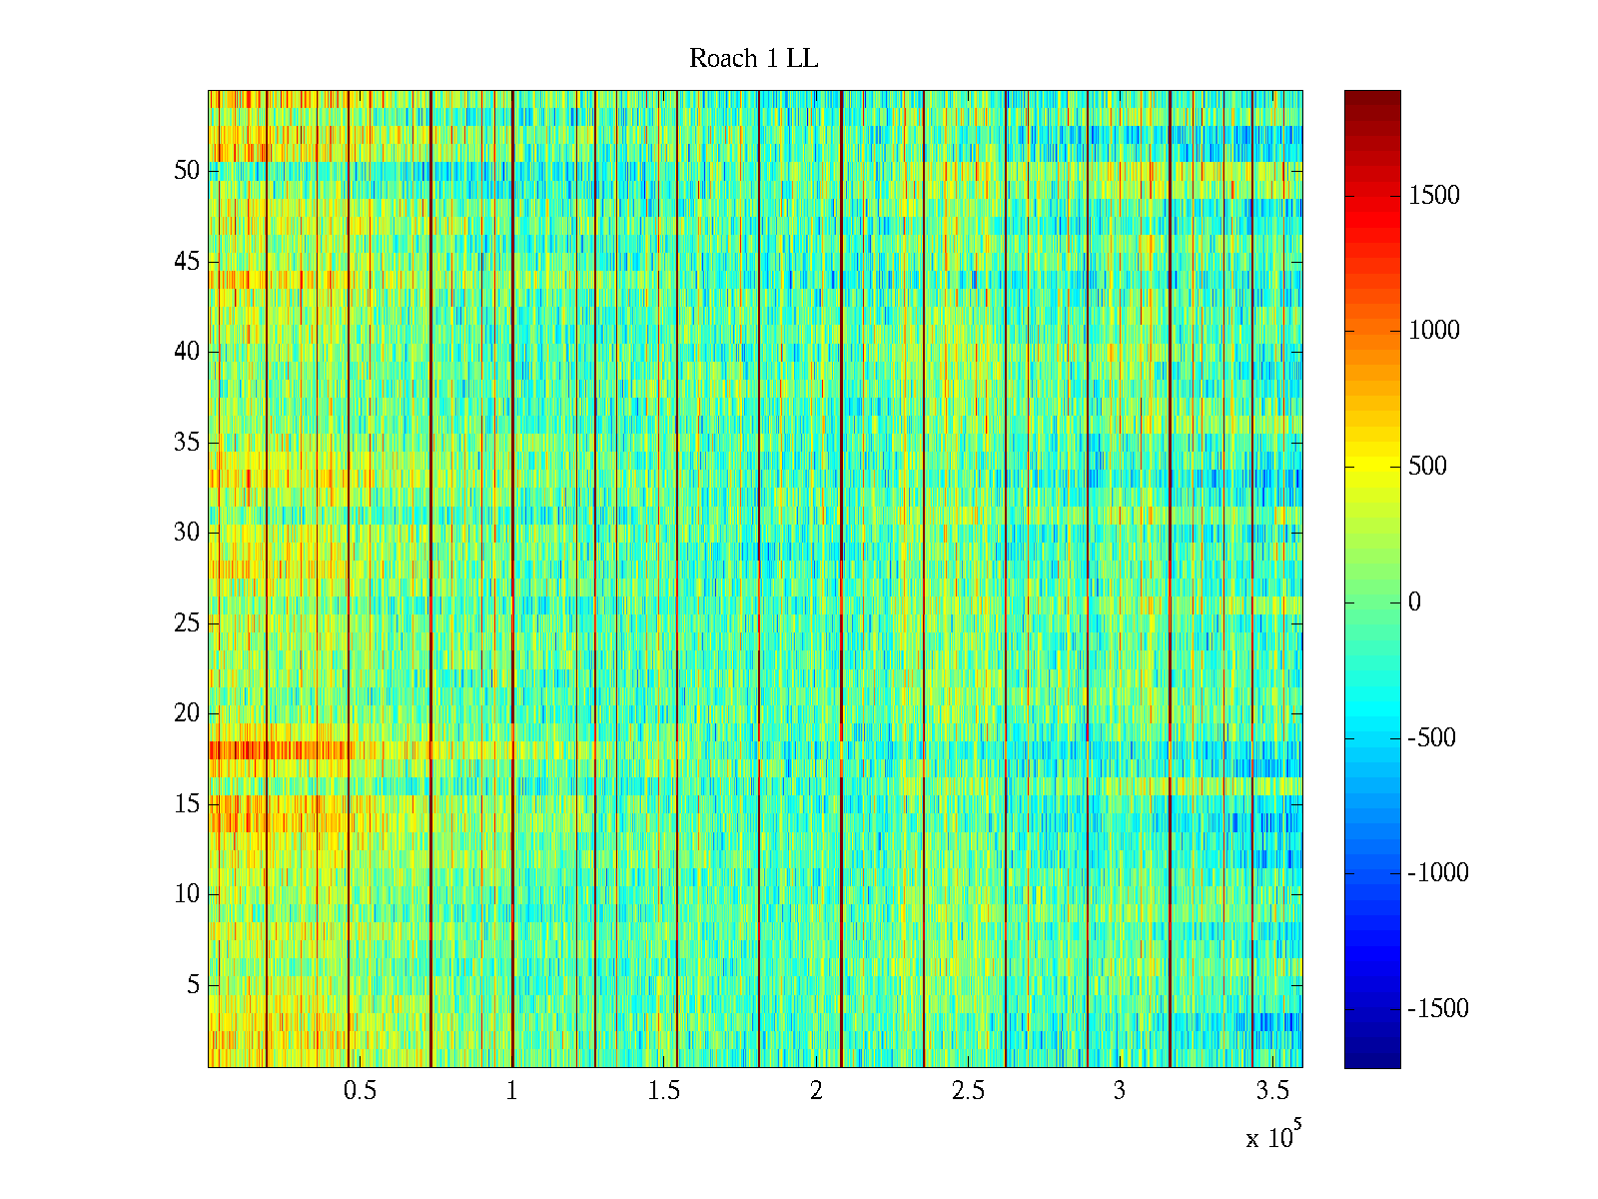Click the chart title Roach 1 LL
[753, 59]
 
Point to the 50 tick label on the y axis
[187, 171]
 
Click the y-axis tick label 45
[187, 262]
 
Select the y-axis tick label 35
[187, 443]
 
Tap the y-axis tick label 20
[187, 713]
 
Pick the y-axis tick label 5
[193, 985]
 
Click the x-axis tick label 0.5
[360, 1091]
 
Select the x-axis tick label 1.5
[663, 1091]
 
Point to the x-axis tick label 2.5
[968, 1091]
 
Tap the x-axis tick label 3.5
[1271, 1091]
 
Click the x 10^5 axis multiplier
[1272, 1137]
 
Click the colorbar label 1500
[1434, 196]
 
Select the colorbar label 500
[1427, 467]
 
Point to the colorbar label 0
[1414, 602]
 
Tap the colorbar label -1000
[1438, 873]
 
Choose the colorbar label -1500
[1438, 1009]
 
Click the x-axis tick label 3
[1119, 1091]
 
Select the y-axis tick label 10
[187, 894]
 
